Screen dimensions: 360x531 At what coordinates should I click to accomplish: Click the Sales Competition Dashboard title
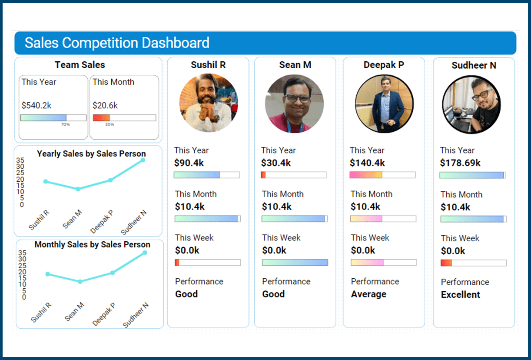[117, 43]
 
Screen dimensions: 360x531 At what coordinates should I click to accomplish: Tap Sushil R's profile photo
[209, 103]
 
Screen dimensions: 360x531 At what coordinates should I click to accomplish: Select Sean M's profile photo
[294, 103]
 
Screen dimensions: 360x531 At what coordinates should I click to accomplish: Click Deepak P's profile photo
[384, 103]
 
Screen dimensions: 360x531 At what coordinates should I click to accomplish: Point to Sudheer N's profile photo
[471, 104]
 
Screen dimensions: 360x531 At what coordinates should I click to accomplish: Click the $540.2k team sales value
[37, 105]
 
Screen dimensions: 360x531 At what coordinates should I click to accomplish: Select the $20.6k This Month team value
[105, 105]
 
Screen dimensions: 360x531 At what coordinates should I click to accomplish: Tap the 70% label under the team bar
[65, 125]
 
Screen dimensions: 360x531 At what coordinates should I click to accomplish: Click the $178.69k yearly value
[460, 163]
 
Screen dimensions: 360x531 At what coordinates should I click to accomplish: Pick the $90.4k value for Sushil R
[189, 163]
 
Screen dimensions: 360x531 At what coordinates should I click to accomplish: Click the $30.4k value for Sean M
[276, 163]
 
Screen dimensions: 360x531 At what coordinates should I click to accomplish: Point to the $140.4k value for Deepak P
[367, 163]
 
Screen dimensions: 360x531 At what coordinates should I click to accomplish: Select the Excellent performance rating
[460, 295]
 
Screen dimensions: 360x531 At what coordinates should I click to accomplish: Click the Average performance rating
[368, 294]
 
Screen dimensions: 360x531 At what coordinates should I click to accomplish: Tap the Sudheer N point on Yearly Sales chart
[143, 160]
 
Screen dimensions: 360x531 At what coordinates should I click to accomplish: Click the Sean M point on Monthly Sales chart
[80, 282]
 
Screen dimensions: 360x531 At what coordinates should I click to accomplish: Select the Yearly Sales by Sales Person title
[91, 153]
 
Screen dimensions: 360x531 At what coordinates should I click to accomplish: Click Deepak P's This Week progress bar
[383, 263]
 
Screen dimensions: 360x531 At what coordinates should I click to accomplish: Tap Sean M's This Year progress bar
[294, 175]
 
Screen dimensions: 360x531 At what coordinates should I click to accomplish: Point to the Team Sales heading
[80, 65]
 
